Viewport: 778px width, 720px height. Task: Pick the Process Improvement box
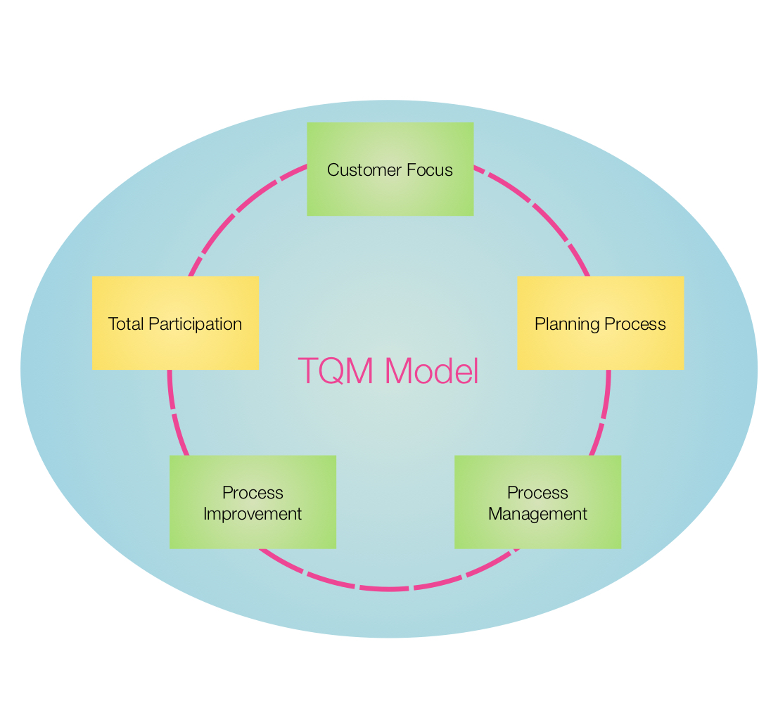click(253, 534)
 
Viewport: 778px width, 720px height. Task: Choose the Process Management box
click(537, 534)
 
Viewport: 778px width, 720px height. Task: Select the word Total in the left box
click(124, 324)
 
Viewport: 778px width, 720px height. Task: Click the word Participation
click(191, 324)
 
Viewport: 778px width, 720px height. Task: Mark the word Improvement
click(253, 514)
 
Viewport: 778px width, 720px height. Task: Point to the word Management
click(537, 514)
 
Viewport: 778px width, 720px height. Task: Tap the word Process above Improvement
click(253, 492)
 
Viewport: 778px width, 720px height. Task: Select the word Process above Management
click(537, 492)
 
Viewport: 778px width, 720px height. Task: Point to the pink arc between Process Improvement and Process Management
click(389, 589)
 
